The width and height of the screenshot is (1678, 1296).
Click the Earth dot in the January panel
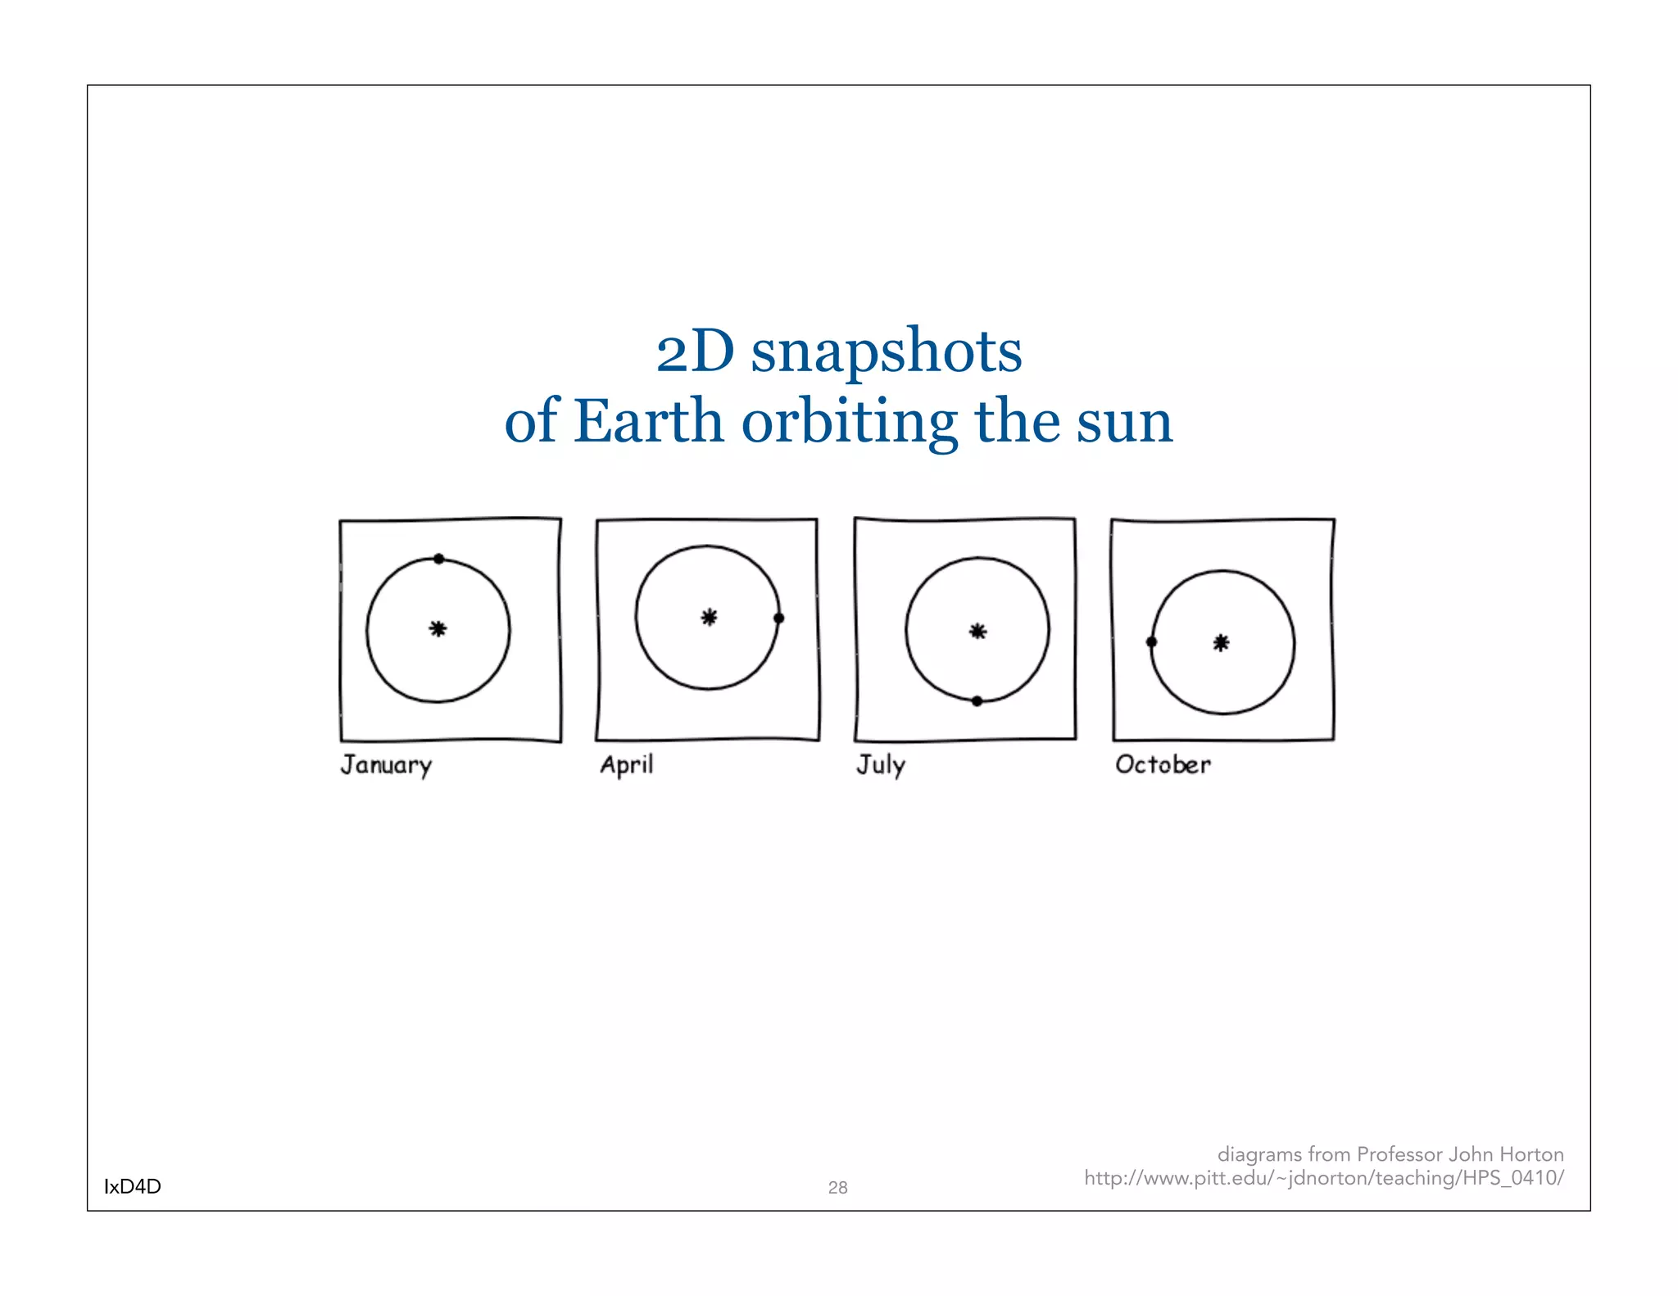439,559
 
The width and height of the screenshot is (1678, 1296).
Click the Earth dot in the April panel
778,618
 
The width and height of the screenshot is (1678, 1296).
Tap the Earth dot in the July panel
977,701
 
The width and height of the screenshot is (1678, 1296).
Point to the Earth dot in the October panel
1151,642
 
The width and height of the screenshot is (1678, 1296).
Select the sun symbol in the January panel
438,629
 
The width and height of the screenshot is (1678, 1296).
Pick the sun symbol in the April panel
710,618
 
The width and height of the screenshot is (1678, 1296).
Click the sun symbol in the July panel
977,631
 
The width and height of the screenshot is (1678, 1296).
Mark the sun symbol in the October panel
1221,643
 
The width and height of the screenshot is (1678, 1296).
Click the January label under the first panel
386,765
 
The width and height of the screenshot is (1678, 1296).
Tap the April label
627,765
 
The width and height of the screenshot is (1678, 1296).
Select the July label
881,765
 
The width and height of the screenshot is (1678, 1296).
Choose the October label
1163,764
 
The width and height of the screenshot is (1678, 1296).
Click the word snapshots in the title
887,352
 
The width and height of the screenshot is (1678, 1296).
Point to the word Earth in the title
647,421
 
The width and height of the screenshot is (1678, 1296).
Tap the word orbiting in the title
850,423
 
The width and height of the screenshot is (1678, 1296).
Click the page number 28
837,1187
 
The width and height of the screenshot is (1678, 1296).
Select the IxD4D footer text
133,1186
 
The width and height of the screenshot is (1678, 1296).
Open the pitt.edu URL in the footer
1324,1178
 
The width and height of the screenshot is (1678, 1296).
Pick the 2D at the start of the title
695,352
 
